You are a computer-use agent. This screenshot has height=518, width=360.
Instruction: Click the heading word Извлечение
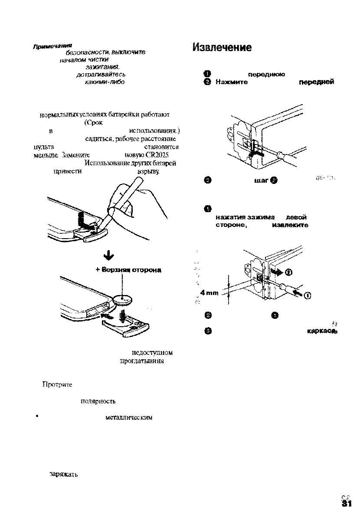pos(222,47)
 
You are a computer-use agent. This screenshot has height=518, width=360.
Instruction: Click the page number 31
pos(346,503)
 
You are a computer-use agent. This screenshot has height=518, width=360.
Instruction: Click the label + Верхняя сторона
pos(128,270)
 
